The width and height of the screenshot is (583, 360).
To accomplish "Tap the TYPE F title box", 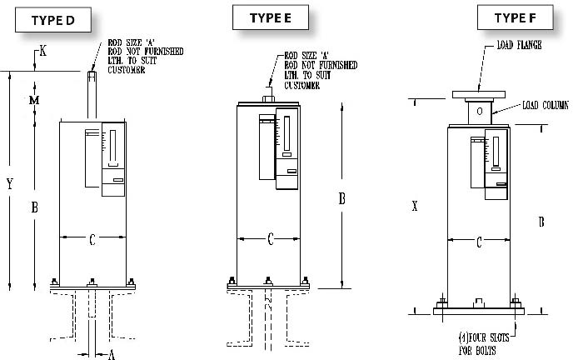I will coord(510,17).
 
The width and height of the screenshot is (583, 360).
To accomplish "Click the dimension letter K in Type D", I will coord(43,52).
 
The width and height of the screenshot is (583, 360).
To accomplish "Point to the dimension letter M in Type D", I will coord(35,100).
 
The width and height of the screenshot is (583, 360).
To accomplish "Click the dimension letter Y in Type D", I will coord(9,185).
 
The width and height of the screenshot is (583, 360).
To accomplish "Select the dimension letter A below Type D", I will coord(111,354).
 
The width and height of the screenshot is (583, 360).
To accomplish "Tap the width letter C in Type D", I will coord(92,240).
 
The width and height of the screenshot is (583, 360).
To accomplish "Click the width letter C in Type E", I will coord(271,240).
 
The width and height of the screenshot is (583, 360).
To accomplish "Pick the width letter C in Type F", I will coord(479,242).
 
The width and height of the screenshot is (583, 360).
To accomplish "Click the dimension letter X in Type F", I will coord(414,205).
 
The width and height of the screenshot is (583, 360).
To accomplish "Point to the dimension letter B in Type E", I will coord(341,198).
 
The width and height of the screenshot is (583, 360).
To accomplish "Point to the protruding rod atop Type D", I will coord(92,96).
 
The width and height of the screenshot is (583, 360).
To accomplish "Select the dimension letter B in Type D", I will coord(35,208).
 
